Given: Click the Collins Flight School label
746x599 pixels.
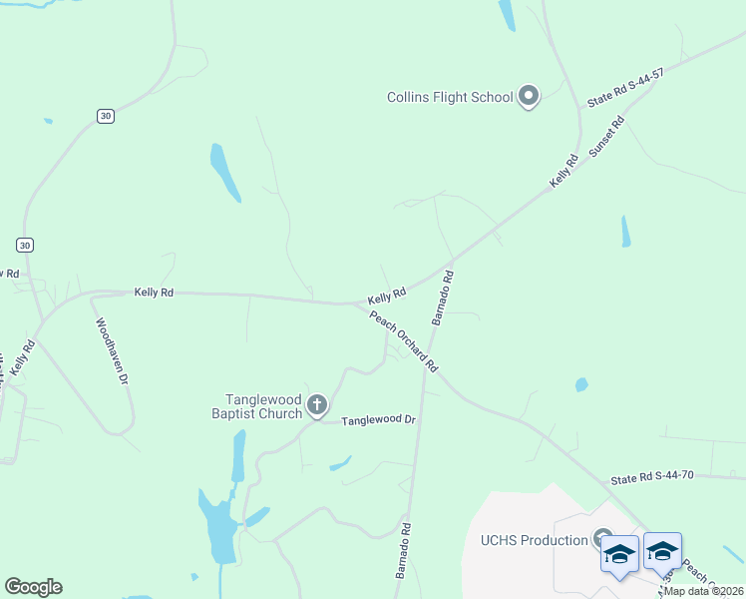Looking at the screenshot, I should (x=450, y=97).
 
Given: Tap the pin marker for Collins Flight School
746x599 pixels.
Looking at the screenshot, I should (x=528, y=97).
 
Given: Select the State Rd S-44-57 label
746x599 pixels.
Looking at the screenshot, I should (x=625, y=89).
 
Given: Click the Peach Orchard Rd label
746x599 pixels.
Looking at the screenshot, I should (x=404, y=342).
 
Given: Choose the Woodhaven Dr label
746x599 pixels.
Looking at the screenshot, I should (x=112, y=351).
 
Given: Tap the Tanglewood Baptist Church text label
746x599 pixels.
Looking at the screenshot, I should (x=256, y=404).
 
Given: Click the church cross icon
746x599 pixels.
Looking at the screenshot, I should (x=316, y=404).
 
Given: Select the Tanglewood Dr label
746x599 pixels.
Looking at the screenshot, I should (x=378, y=421).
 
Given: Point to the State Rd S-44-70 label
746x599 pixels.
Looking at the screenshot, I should (x=651, y=479).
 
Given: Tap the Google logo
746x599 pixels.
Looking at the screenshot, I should (x=33, y=587).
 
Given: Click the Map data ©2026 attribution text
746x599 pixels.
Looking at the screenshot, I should (x=703, y=590).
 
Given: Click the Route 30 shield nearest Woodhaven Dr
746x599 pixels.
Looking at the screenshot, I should (x=25, y=245).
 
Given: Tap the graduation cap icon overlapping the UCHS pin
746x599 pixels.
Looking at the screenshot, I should (x=619, y=552).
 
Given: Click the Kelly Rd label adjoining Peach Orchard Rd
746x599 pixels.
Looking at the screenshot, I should (x=386, y=296).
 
